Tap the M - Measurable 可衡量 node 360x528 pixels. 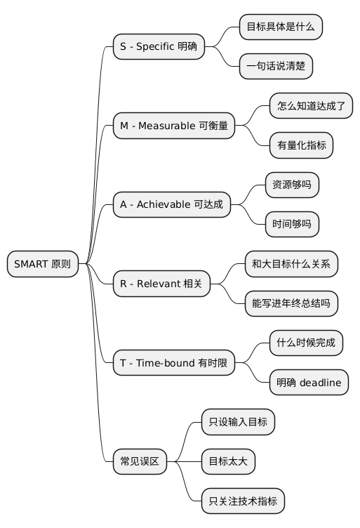pos(173,126)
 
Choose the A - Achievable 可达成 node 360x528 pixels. pos(171,204)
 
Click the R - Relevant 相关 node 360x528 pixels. pos(161,284)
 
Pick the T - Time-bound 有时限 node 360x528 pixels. pos(173,362)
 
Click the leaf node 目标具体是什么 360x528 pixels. pos(281,27)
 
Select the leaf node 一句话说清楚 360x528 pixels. pos(276,67)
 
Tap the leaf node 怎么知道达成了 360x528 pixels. pos(311,106)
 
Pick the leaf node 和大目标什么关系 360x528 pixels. pos(291,264)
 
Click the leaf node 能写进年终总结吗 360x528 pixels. pos(291,303)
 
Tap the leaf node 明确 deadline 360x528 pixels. pos(309,382)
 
